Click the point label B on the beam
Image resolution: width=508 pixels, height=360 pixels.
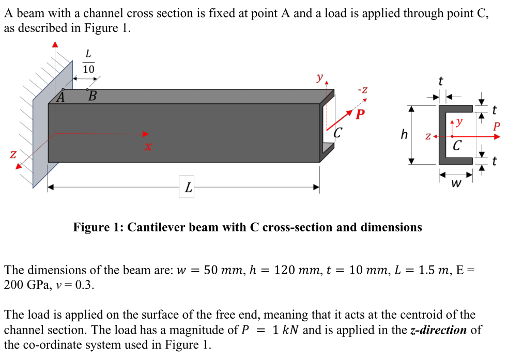coord(92,96)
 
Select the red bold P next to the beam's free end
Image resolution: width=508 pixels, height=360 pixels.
coord(360,114)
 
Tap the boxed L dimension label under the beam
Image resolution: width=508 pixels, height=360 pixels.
coord(188,188)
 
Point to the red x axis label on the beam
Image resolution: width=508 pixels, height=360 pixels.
coord(148,147)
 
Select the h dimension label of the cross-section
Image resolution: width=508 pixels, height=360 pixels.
coord(404,135)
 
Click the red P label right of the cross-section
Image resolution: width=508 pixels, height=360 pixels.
coord(497,126)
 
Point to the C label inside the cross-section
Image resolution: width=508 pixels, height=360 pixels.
coord(457,145)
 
